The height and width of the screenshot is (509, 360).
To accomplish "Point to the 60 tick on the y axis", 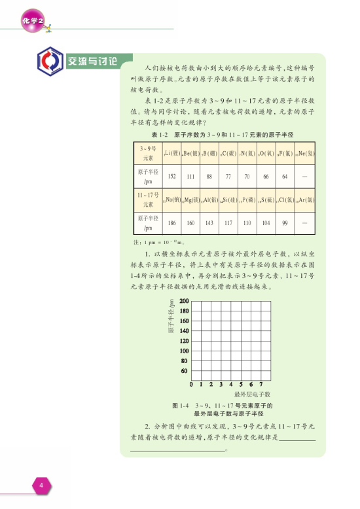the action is coord(185,370).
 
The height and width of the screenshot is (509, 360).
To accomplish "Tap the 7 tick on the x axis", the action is coord(261,384).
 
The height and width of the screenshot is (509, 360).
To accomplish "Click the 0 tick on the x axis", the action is coord(191,384).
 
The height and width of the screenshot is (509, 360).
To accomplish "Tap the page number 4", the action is coord(41,485).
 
